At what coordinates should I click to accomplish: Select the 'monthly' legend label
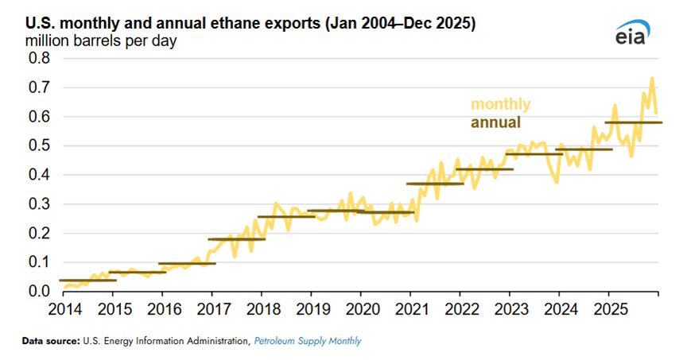pyautogui.click(x=500, y=104)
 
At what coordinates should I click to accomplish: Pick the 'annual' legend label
pyautogui.click(x=495, y=122)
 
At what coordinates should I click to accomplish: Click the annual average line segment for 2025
pyautogui.click(x=634, y=122)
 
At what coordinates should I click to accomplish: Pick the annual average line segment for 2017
pyautogui.click(x=237, y=239)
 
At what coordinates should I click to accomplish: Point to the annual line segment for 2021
pyautogui.click(x=435, y=184)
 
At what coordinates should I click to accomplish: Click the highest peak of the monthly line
pyautogui.click(x=652, y=79)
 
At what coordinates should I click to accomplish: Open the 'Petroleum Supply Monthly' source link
pyautogui.click(x=308, y=341)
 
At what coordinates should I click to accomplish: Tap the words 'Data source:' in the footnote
pyautogui.click(x=50, y=341)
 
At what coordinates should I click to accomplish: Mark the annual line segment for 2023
pyautogui.click(x=534, y=154)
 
